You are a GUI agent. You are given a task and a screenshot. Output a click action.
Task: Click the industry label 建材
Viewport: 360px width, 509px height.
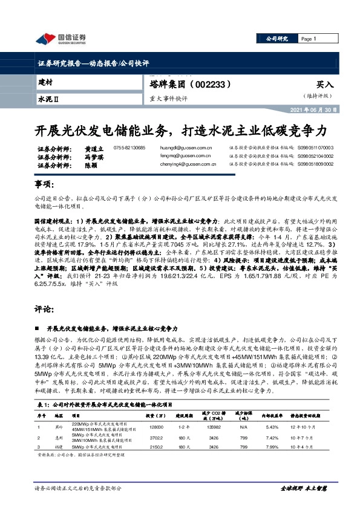point(45,80)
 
